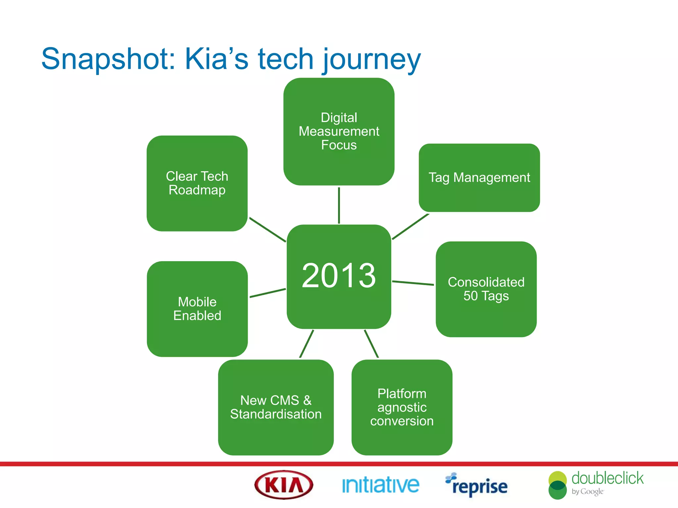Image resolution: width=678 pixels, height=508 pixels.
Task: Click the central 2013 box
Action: tap(339, 276)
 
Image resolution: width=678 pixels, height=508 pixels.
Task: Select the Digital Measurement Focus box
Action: tap(339, 131)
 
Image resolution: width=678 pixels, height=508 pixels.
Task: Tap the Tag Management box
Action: tap(479, 178)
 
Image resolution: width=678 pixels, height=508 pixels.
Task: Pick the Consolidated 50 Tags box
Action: tap(486, 289)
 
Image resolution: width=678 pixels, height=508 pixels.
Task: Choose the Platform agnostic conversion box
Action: tap(402, 407)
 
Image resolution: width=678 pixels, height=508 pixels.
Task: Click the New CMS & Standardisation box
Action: tap(275, 407)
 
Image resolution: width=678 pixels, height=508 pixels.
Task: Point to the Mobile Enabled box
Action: tap(197, 309)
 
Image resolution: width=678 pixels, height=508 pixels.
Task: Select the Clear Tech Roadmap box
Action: tap(197, 183)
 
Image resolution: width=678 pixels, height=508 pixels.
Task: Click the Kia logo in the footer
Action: tap(284, 485)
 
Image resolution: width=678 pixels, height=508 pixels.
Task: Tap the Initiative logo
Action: tap(380, 485)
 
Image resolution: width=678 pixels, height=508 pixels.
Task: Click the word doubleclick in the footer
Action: tap(607, 478)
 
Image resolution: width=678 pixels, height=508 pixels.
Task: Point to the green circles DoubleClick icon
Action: tap(557, 485)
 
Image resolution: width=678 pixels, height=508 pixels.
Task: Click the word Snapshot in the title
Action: tap(108, 60)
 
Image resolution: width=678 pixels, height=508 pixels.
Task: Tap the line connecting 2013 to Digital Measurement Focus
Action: tap(339, 205)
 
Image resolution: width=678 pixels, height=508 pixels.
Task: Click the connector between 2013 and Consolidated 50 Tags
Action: tap(413, 283)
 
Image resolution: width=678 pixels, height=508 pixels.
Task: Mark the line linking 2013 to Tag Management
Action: tap(411, 227)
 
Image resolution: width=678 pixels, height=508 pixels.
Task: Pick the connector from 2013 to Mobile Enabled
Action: tap(267, 293)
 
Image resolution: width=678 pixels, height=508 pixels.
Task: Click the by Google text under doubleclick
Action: tap(587, 492)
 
